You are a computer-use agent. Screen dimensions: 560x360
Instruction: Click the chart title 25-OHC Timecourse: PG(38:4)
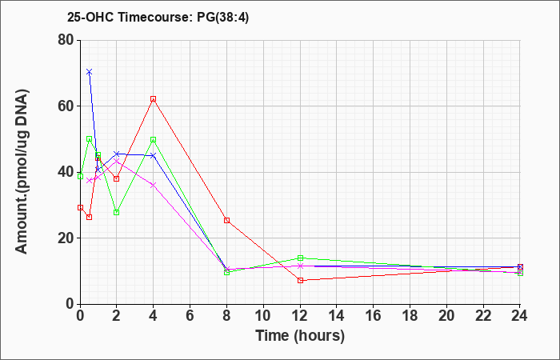pos(158,18)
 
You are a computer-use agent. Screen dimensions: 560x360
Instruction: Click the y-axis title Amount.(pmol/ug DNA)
pos(22,172)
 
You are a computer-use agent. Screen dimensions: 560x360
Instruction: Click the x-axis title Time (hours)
pos(300,336)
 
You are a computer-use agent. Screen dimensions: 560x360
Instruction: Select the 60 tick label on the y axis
pos(66,106)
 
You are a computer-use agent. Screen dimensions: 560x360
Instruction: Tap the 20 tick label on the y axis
pos(66,238)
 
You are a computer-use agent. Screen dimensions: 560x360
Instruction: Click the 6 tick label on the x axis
pos(190,316)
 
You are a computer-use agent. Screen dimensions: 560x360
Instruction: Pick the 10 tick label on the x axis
pos(263,316)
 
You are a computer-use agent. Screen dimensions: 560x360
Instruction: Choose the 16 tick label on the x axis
pos(374,316)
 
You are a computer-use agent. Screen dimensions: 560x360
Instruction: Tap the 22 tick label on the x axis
pos(483,316)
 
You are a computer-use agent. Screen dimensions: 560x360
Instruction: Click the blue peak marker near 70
pos(90,72)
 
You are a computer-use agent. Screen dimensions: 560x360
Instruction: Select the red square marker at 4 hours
pos(154,99)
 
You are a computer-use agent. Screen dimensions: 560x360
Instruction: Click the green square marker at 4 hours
pos(154,140)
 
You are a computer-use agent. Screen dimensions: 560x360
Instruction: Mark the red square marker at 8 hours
pos(226,220)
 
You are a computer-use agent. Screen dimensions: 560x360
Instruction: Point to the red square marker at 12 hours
pos(300,280)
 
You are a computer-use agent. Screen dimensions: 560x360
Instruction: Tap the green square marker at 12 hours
pos(300,258)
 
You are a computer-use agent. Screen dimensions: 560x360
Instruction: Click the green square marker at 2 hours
pos(117,213)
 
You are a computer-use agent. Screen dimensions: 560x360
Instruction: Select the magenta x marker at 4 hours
pos(154,185)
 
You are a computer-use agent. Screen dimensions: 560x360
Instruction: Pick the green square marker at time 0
pos(80,177)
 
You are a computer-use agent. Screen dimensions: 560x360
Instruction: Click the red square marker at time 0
pos(80,207)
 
